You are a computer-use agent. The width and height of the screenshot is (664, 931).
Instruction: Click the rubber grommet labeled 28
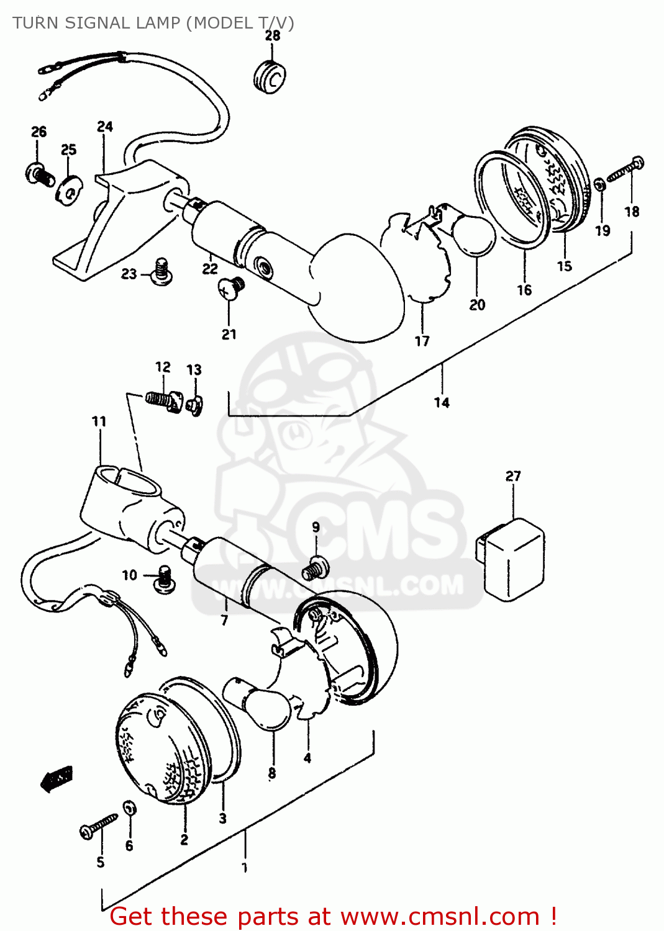[270, 77]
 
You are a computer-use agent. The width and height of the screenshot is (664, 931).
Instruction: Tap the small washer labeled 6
[129, 809]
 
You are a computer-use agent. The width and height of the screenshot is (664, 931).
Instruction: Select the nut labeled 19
[600, 185]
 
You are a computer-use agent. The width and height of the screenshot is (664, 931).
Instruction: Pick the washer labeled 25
[69, 189]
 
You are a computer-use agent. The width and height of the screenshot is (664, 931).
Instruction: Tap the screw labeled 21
[230, 288]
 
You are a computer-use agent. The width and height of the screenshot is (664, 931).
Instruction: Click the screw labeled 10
[164, 577]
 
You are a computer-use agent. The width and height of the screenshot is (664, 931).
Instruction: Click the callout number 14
[442, 403]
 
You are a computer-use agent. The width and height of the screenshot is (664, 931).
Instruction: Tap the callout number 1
[245, 867]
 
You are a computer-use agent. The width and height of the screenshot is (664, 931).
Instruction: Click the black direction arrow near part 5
[57, 778]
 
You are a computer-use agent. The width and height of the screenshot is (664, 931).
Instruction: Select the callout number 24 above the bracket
[105, 127]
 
